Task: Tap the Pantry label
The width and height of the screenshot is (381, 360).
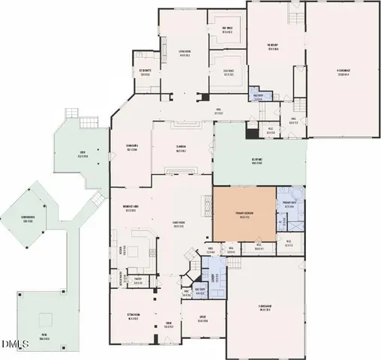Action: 138,277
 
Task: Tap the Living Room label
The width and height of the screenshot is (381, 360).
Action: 184,52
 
